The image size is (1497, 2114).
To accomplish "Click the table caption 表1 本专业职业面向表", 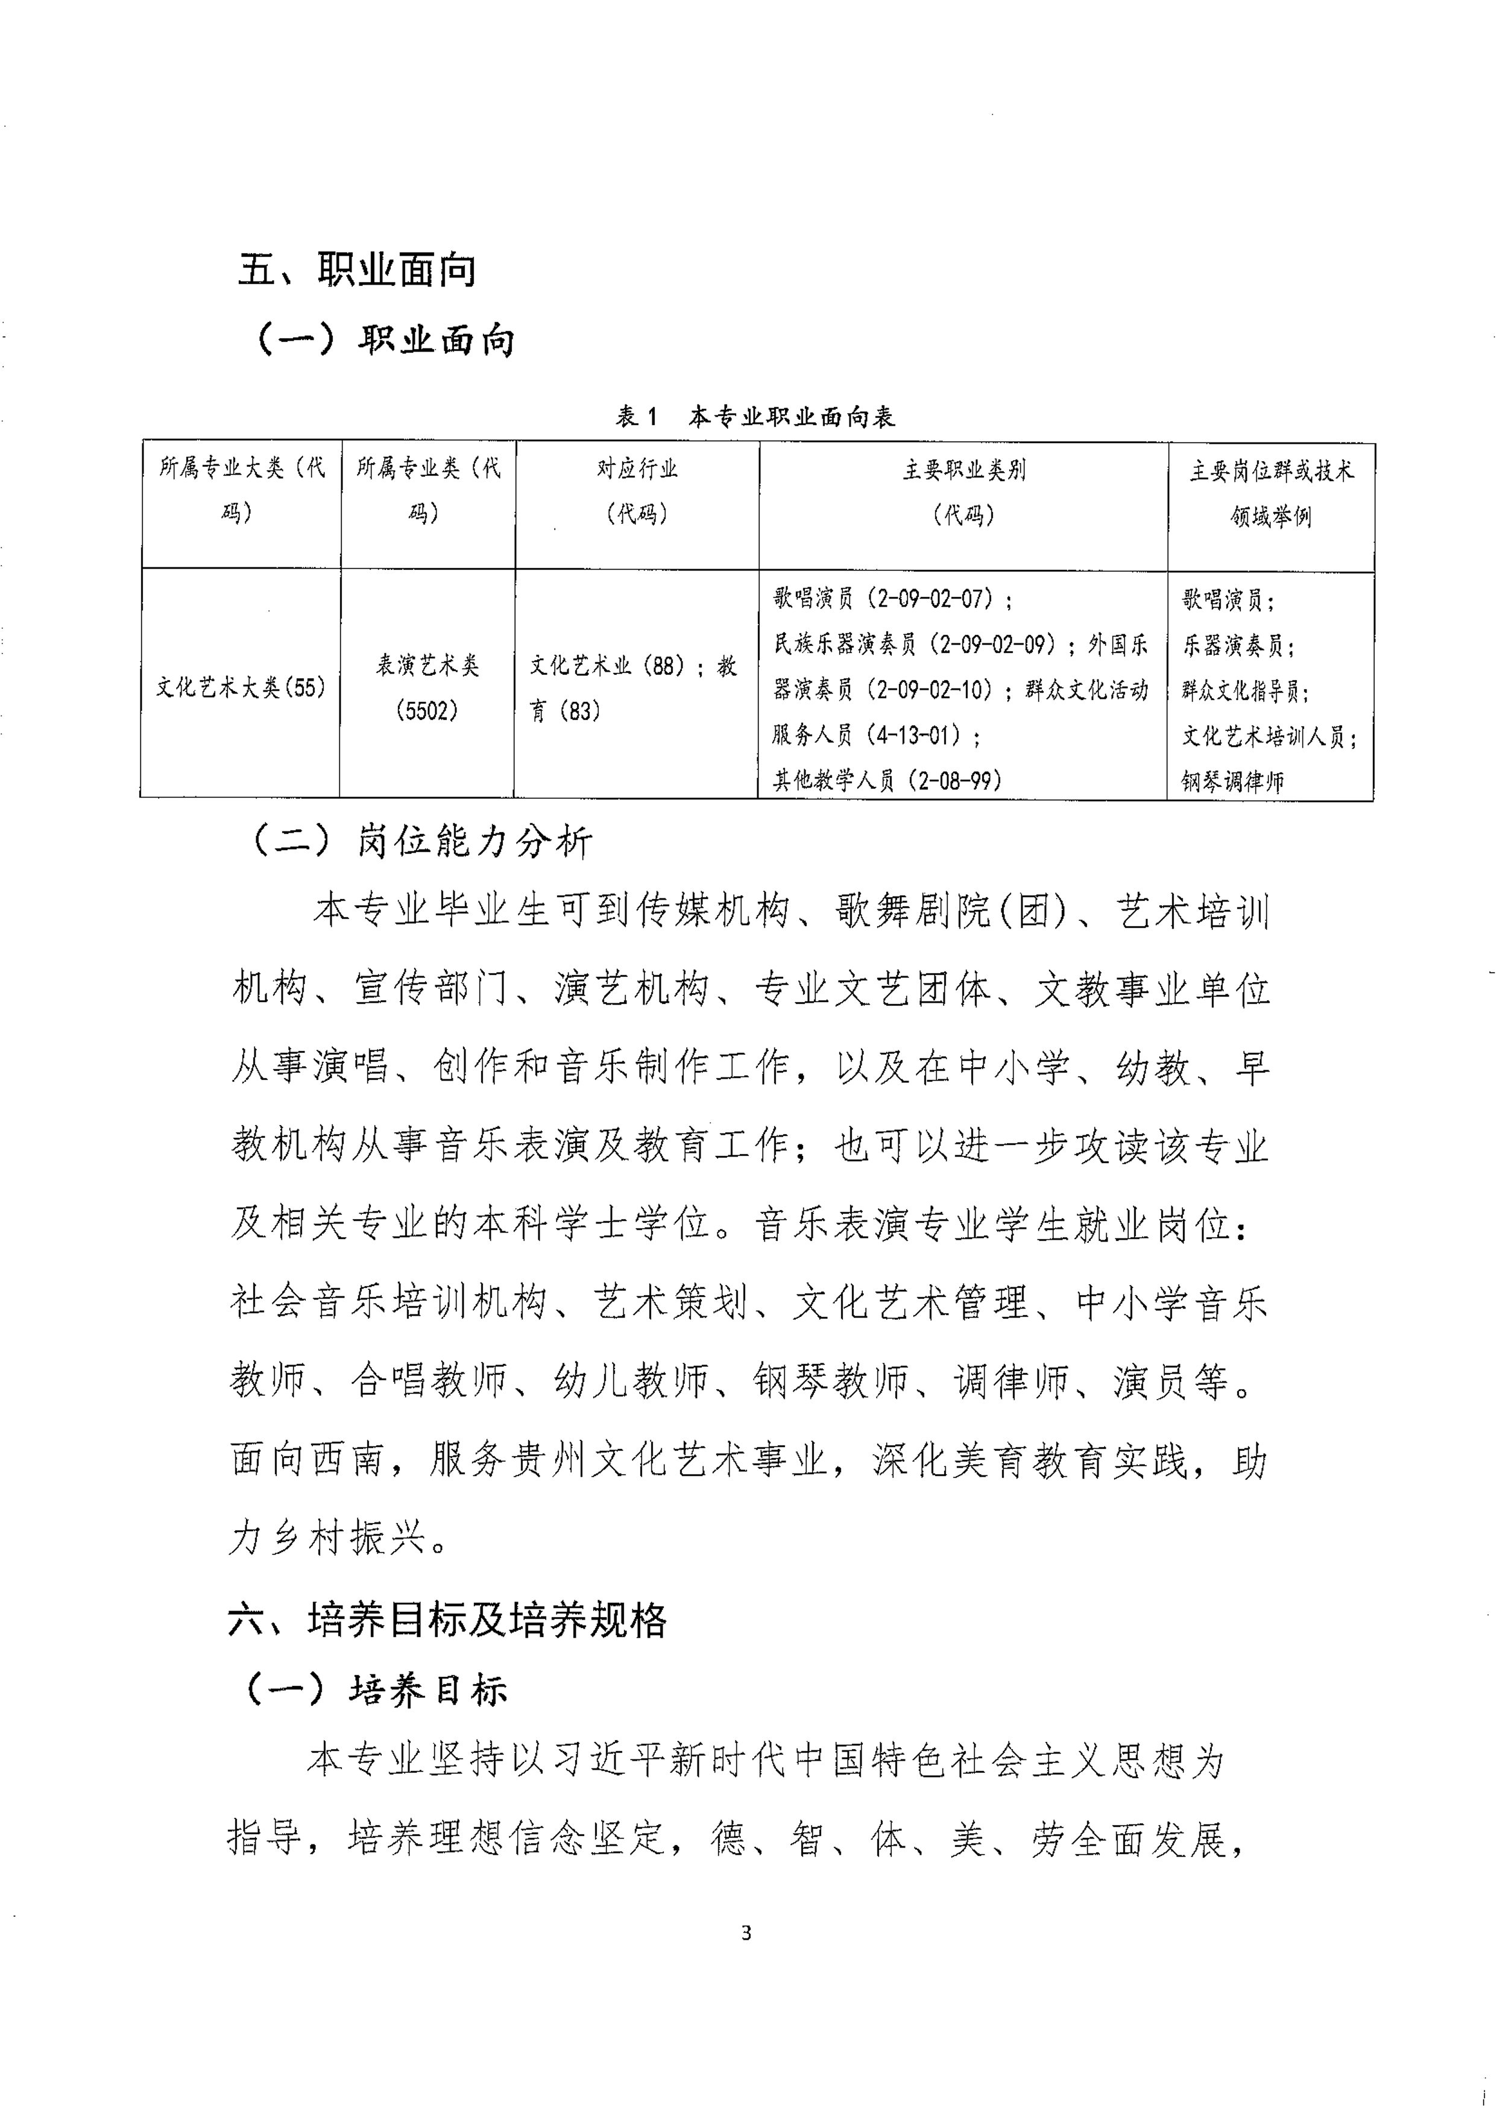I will tap(755, 417).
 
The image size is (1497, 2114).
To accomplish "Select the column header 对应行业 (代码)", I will tap(637, 491).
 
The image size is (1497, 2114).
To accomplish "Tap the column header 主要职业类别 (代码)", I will tap(963, 492).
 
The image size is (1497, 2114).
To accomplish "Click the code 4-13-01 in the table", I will tap(915, 735).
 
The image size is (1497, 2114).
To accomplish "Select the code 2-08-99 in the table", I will tap(954, 781).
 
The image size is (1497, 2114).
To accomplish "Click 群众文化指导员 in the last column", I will tap(1244, 690).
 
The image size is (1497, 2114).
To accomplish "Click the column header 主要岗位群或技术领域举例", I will tap(1271, 493).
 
